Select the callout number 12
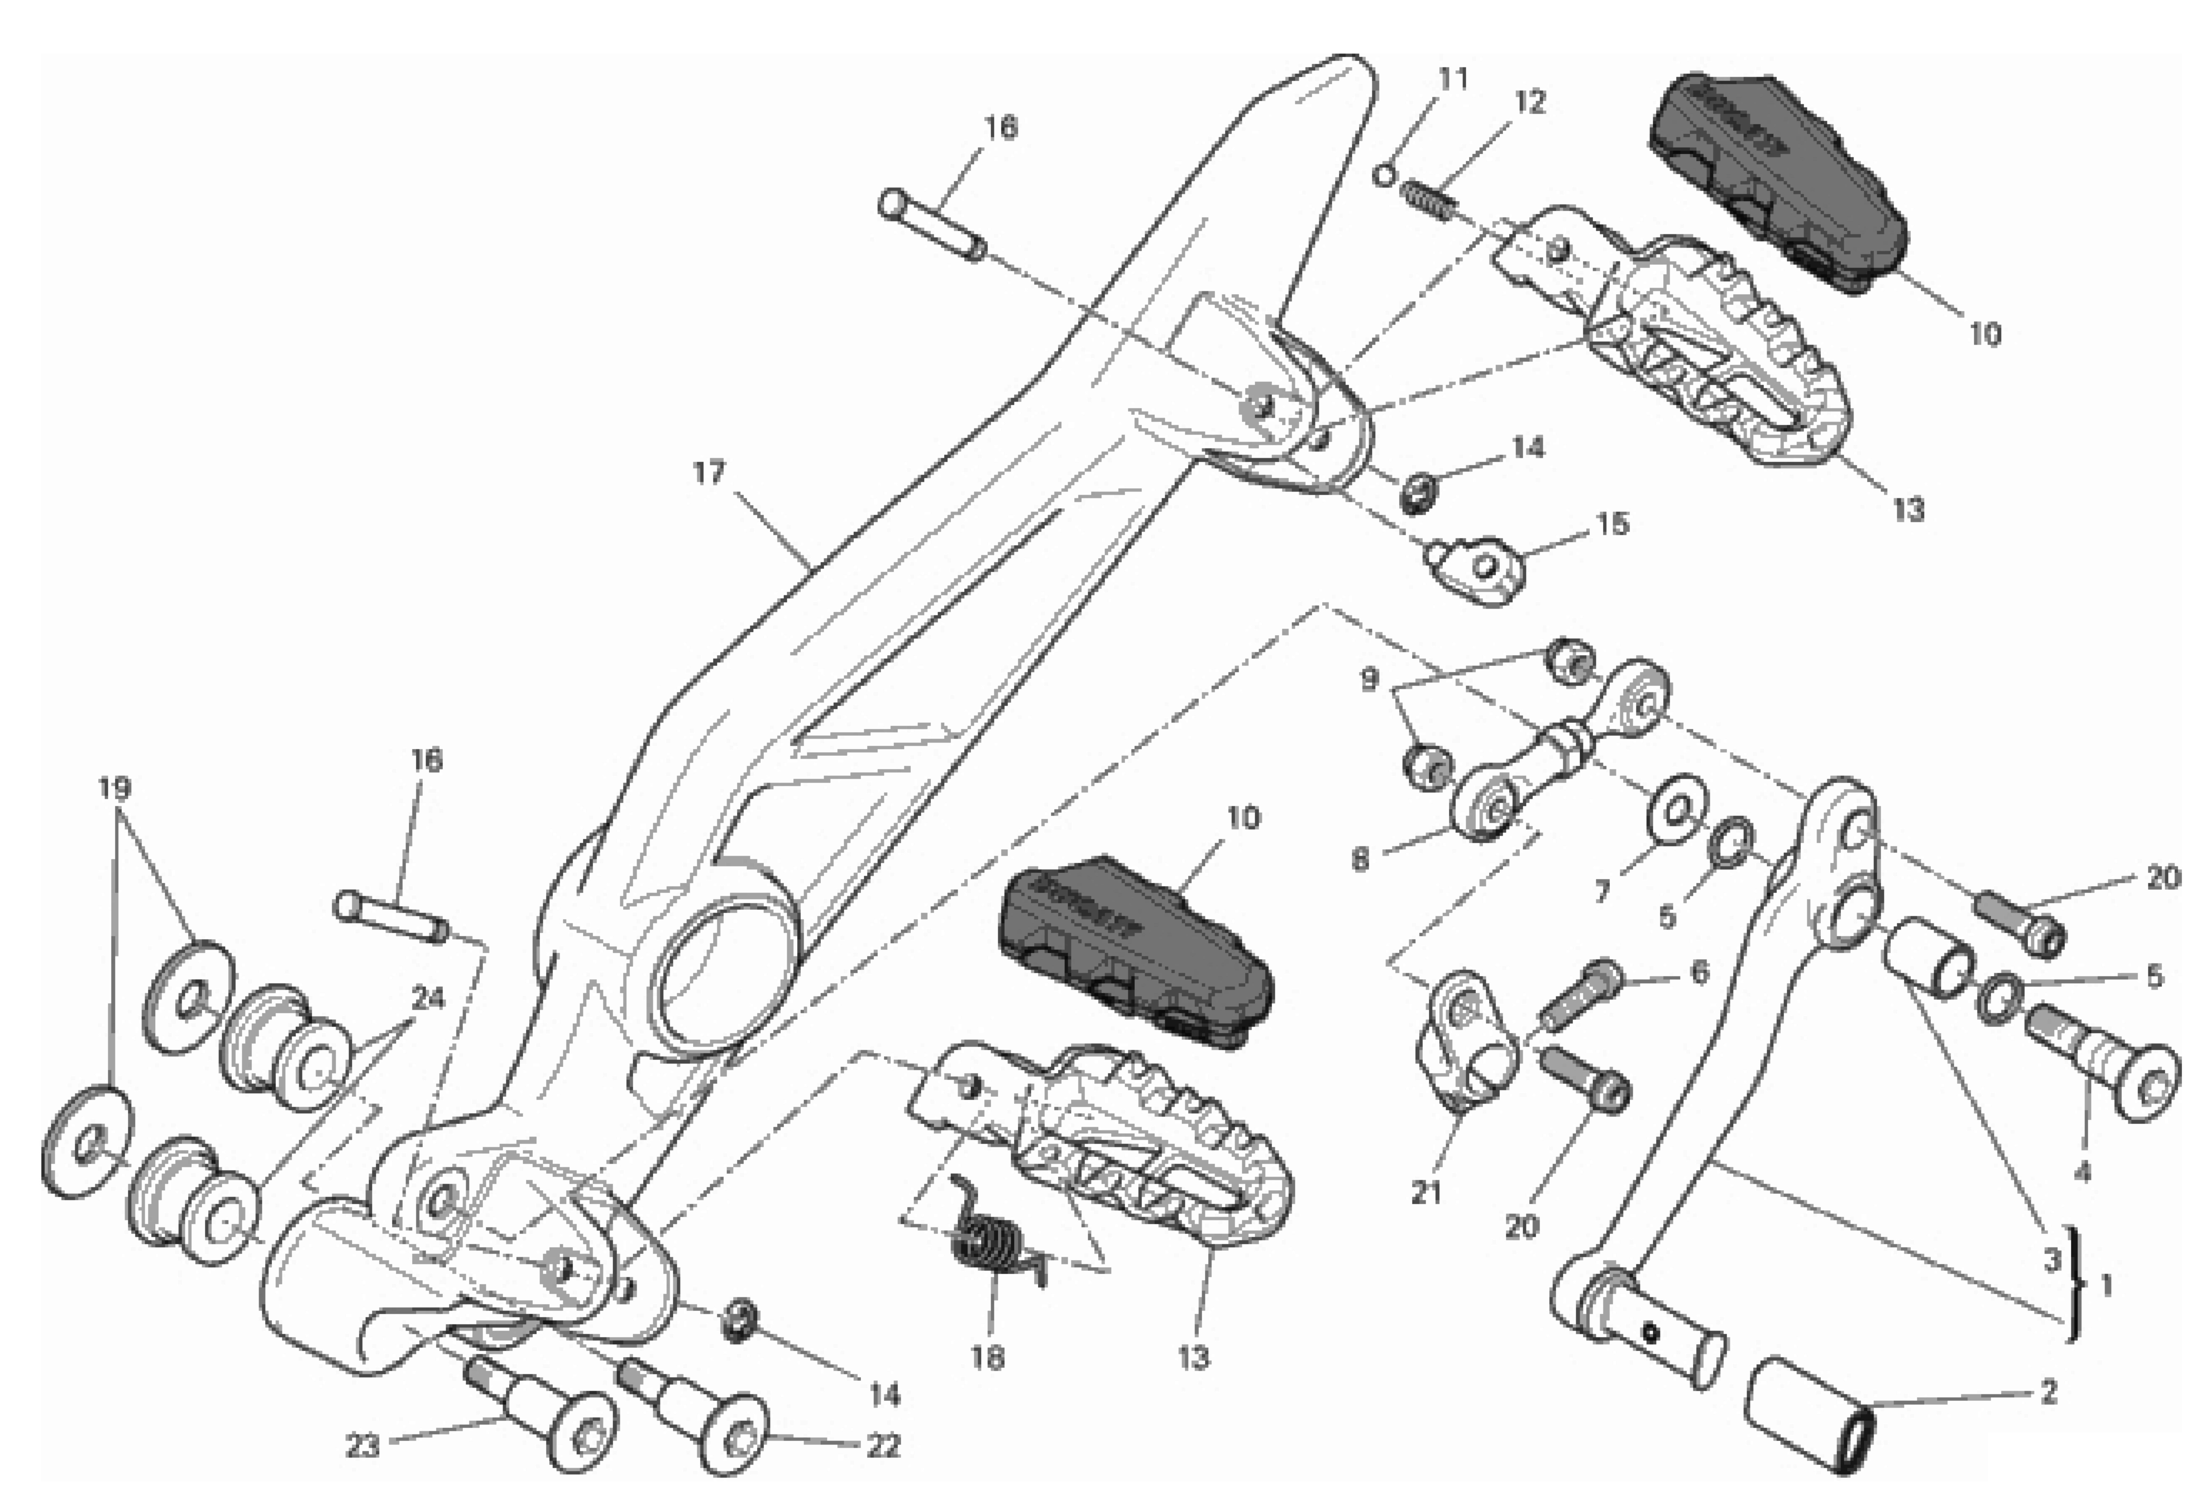1530,101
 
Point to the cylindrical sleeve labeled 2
1810,1419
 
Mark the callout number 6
1699,972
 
